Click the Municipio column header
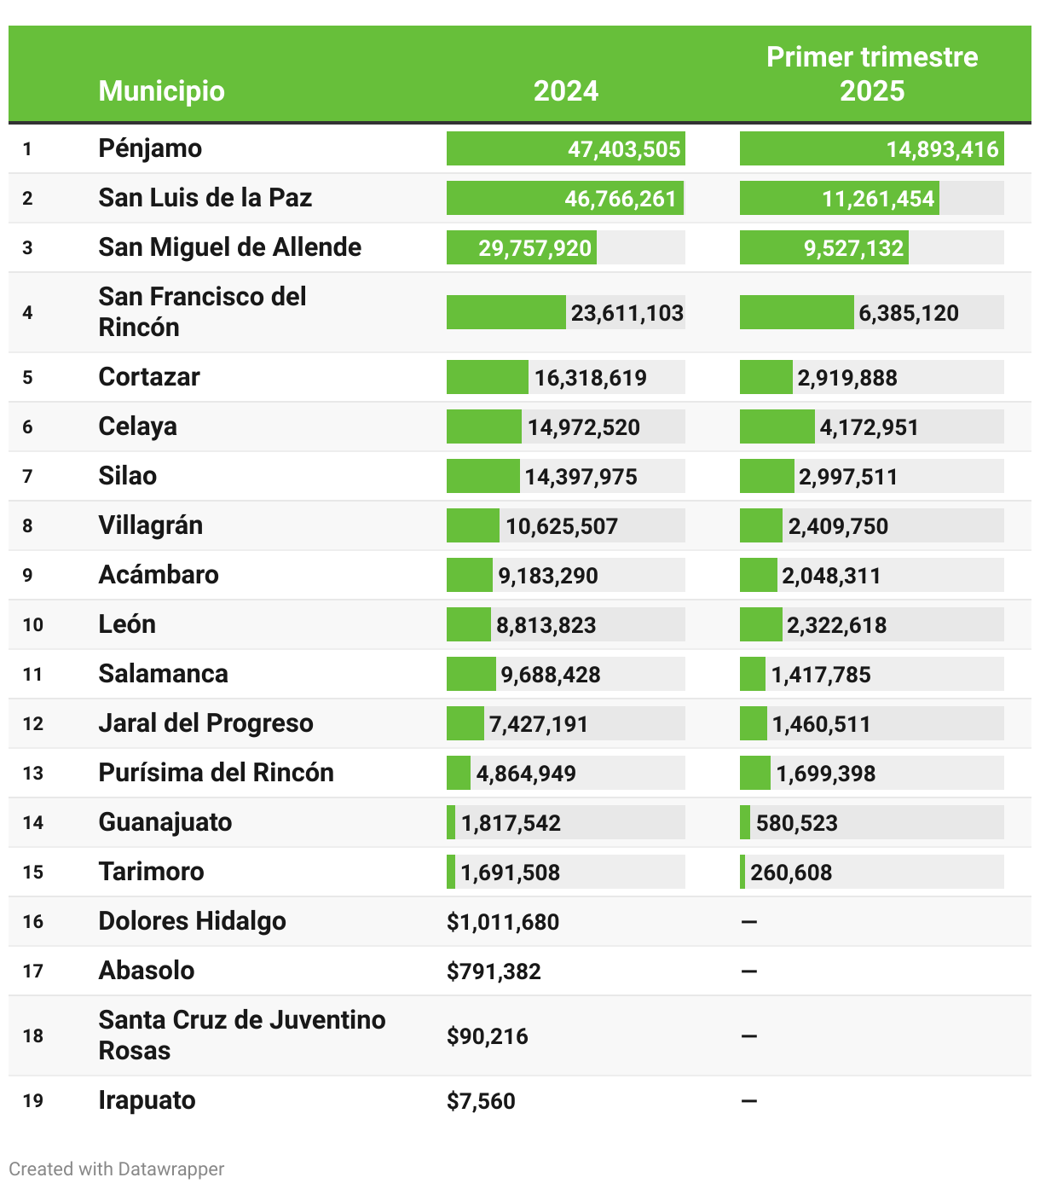tap(161, 91)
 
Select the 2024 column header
tap(566, 91)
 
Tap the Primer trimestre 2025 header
tap(872, 74)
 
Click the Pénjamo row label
tap(150, 148)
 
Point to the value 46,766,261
tap(621, 199)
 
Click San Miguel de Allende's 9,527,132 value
tap(853, 248)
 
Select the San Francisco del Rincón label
tap(202, 311)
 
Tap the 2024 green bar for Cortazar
tap(487, 377)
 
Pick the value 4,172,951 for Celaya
tap(869, 427)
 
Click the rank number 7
tap(27, 476)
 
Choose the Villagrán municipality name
tap(150, 525)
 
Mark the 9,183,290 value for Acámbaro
tap(548, 576)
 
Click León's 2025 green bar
tap(760, 624)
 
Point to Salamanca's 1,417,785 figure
tap(821, 675)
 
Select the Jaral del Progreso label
tap(205, 723)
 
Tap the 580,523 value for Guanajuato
tap(797, 823)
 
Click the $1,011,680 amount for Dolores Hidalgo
tap(503, 922)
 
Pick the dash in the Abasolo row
tap(749, 971)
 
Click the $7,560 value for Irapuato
tap(481, 1101)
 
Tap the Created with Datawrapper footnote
tap(117, 1169)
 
